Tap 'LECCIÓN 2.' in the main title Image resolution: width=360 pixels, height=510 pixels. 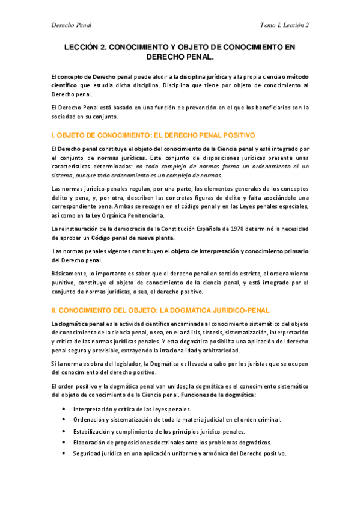coord(89,46)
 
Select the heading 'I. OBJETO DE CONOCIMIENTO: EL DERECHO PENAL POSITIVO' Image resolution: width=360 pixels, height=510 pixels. coord(153,135)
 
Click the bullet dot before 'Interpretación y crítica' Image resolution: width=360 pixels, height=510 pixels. coord(64,409)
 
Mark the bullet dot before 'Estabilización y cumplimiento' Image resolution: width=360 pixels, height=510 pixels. coord(64,431)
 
